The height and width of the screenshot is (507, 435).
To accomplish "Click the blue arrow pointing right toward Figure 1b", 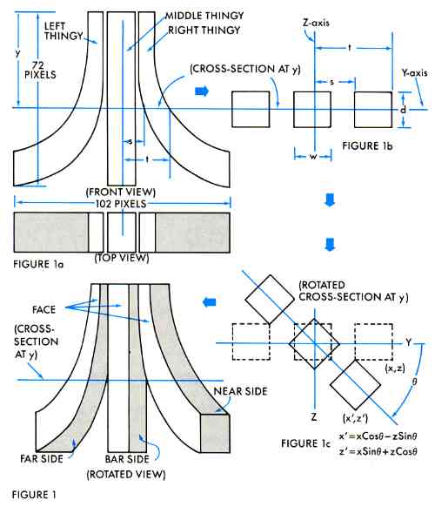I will click(x=201, y=91).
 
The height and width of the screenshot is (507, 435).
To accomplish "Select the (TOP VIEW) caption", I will click(x=121, y=259).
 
